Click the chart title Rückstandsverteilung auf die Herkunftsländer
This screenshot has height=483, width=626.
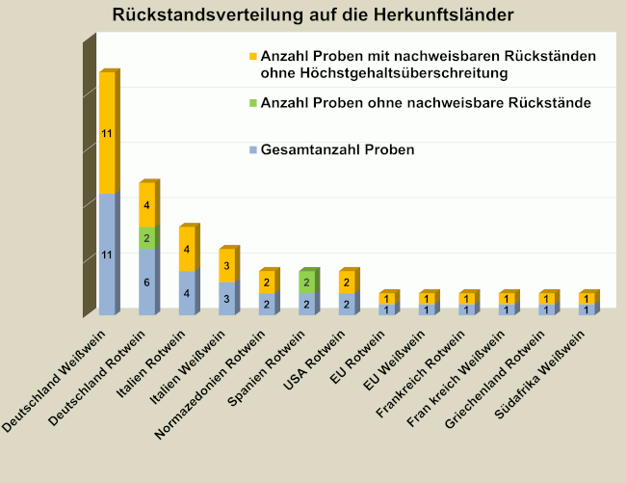click(313, 14)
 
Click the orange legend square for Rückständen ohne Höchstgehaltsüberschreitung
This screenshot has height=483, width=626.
click(253, 57)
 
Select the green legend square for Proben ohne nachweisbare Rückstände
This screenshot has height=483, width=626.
click(253, 103)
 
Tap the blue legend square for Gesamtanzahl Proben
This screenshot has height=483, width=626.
click(253, 150)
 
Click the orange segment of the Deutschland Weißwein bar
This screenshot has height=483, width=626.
click(107, 134)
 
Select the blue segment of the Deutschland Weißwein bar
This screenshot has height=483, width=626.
click(107, 255)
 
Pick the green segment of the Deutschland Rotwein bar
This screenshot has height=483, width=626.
click(146, 238)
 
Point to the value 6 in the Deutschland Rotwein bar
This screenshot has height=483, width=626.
click(146, 282)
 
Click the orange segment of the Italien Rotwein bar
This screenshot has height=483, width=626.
click(187, 250)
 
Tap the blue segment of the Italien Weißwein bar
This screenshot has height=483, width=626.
click(226, 299)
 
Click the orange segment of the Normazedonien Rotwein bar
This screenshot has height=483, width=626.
click(267, 282)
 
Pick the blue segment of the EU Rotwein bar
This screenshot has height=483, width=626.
click(386, 309)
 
